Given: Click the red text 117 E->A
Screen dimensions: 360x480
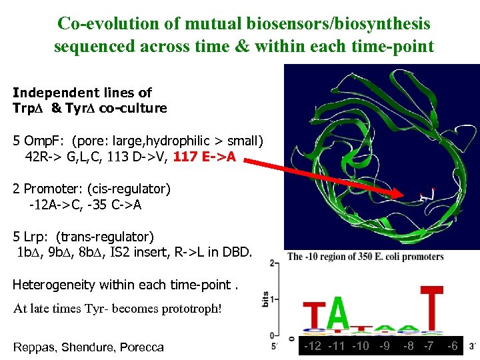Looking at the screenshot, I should point(209,159).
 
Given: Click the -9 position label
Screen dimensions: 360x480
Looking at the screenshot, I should point(385,345).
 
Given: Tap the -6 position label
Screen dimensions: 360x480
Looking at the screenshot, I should point(453,345).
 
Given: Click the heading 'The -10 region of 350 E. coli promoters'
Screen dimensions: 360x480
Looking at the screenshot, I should point(365,257).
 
